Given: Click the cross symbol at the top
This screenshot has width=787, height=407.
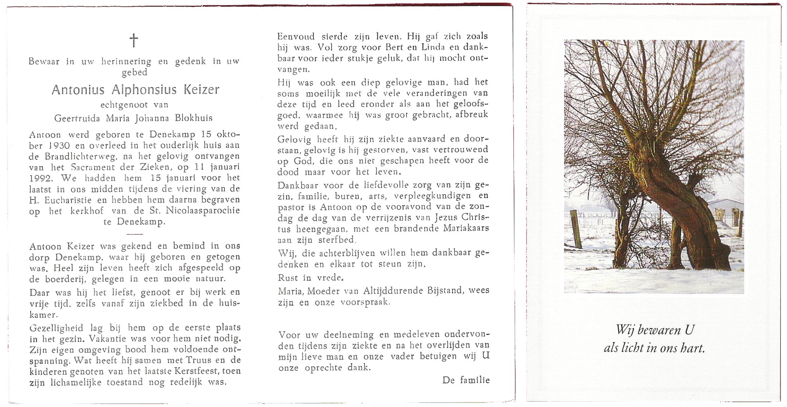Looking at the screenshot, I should pyautogui.click(x=134, y=40).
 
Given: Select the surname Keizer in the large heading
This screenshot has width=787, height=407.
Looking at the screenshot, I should pyautogui.click(x=201, y=90).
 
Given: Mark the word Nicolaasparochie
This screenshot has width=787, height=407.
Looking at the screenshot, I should pyautogui.click(x=203, y=211).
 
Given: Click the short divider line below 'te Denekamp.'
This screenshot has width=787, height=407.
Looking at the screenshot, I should pyautogui.click(x=134, y=234).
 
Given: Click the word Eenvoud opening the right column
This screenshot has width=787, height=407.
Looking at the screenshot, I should pyautogui.click(x=296, y=36).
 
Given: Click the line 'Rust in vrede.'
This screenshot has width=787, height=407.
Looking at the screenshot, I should pyautogui.click(x=310, y=278).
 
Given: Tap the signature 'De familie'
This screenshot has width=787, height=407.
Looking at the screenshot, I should pyautogui.click(x=466, y=380).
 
